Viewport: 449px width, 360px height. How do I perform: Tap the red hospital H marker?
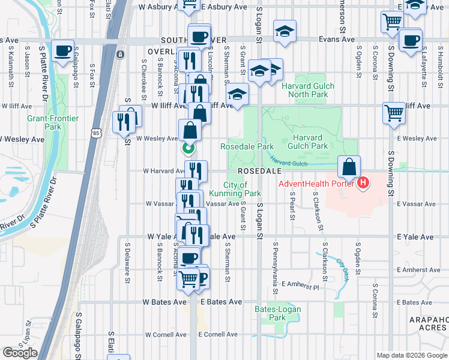[x=363, y=183]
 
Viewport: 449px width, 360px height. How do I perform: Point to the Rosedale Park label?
[x=247, y=146]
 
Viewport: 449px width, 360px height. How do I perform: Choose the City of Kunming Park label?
[x=243, y=189]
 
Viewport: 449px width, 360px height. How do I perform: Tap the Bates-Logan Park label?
[x=277, y=313]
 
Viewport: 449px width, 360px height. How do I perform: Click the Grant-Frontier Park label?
[x=53, y=122]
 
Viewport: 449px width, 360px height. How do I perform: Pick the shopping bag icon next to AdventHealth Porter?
[x=349, y=166]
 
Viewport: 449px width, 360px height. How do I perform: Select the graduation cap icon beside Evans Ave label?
[x=285, y=31]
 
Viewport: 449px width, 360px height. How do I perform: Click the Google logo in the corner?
[x=20, y=353]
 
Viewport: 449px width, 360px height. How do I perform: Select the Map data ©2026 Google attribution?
[x=412, y=355]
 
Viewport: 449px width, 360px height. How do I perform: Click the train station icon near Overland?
[x=121, y=55]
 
